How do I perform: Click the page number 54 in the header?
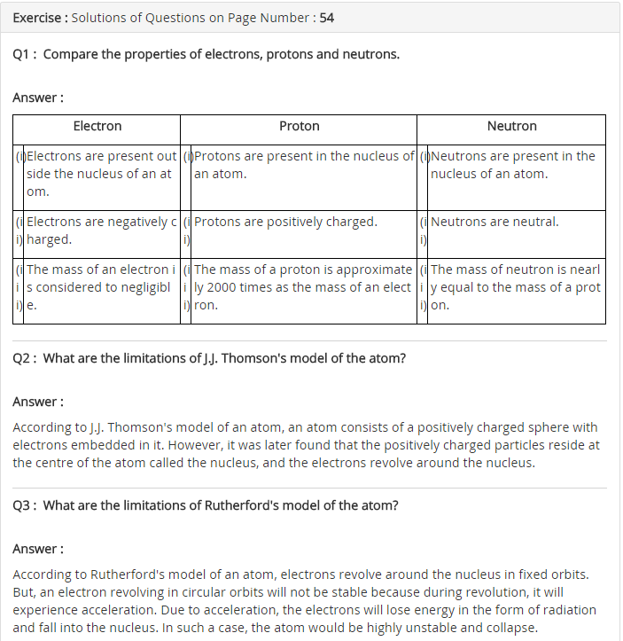point(325,18)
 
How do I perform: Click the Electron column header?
point(97,127)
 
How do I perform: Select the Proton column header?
point(299,127)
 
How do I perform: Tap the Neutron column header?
point(511,127)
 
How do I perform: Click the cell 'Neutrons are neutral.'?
point(495,223)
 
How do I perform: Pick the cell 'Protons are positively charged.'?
point(285,223)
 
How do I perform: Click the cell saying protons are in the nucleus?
point(303,165)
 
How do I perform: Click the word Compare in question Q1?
point(68,55)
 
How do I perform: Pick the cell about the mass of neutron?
point(515,287)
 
